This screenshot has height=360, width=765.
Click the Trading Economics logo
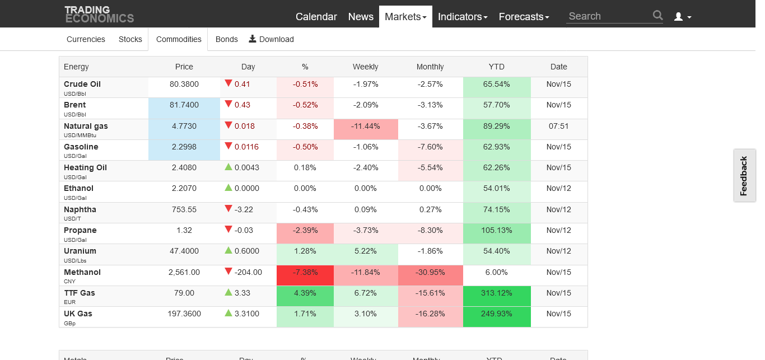99,14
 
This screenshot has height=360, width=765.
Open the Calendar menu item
316,17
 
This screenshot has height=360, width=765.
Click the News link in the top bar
361,17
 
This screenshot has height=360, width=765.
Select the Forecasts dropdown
524,17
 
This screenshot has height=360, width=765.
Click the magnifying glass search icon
657,16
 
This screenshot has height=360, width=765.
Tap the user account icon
682,17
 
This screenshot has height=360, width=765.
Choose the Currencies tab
86,39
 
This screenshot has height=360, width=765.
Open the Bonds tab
227,39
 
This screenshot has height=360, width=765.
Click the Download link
272,39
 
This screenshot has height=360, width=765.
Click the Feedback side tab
744,176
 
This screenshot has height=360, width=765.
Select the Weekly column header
365,67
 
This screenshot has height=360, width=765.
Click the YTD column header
496,67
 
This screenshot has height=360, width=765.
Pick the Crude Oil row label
82,84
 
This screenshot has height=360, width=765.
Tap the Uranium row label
80,251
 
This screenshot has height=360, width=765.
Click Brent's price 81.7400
184,105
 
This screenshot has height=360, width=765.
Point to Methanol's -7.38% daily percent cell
305,272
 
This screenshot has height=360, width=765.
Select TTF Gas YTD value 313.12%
497,293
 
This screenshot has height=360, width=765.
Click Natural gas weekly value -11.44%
366,126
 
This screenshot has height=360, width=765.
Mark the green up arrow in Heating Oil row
228,167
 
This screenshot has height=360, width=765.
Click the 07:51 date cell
559,126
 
